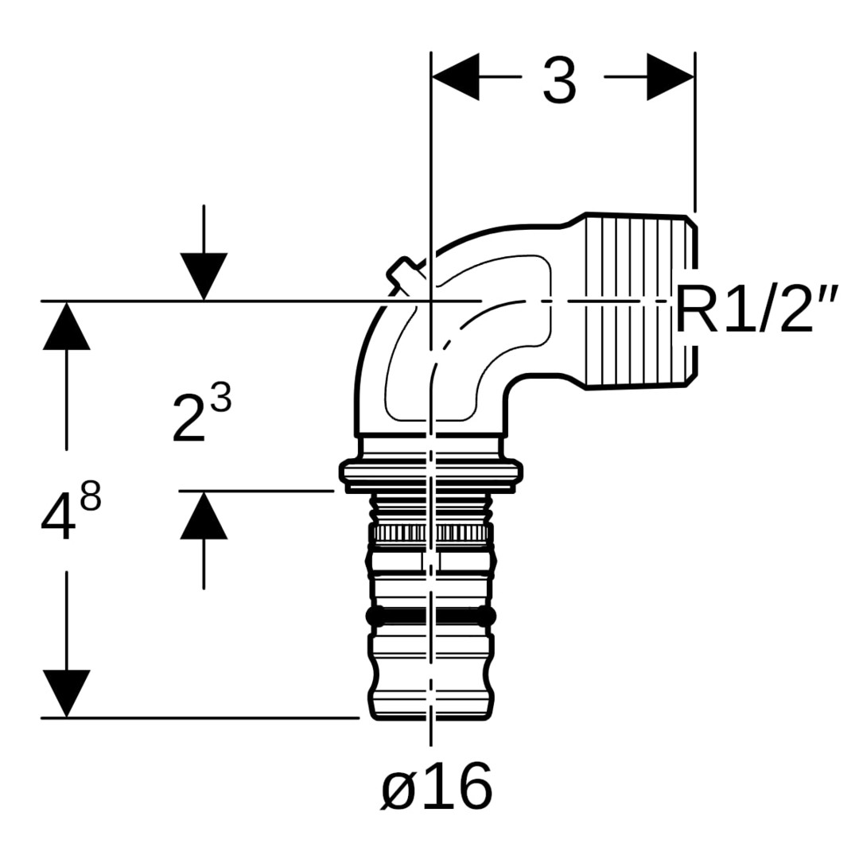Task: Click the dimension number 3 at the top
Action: coord(559,81)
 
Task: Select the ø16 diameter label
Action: coord(437,786)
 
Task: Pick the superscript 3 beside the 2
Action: coord(221,398)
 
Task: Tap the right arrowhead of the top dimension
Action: coord(670,76)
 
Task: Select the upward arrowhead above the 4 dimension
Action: coord(66,325)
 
